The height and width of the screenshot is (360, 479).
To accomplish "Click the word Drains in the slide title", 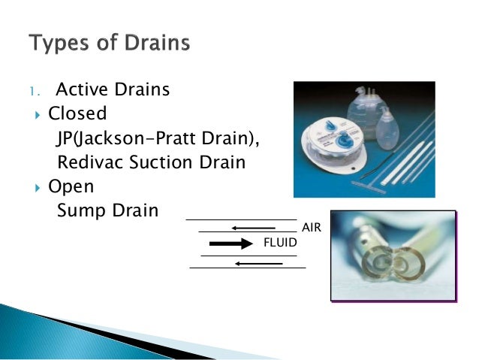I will [x=156, y=43].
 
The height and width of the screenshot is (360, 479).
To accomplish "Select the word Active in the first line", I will [x=81, y=91].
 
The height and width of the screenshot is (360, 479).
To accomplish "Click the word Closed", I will [x=77, y=114].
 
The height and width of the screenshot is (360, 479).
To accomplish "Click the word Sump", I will [x=77, y=210].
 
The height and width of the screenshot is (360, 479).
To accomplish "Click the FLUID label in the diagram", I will [x=280, y=242].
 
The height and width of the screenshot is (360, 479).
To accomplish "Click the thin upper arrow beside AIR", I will [x=255, y=228].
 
